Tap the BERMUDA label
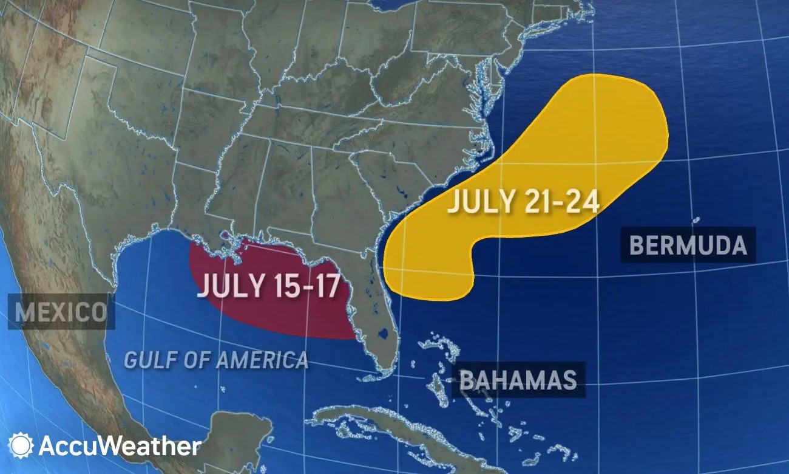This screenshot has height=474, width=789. tap(688, 245)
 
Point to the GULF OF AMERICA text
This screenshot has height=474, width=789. tap(216, 360)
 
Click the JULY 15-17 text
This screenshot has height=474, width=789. tap(268, 286)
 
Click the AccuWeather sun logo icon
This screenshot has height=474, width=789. tap(21, 445)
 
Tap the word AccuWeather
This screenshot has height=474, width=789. tap(120, 447)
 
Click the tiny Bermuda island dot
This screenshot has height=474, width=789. tap(696, 219)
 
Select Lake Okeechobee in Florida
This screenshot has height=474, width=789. tap(382, 333)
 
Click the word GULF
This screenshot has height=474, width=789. tap(145, 360)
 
